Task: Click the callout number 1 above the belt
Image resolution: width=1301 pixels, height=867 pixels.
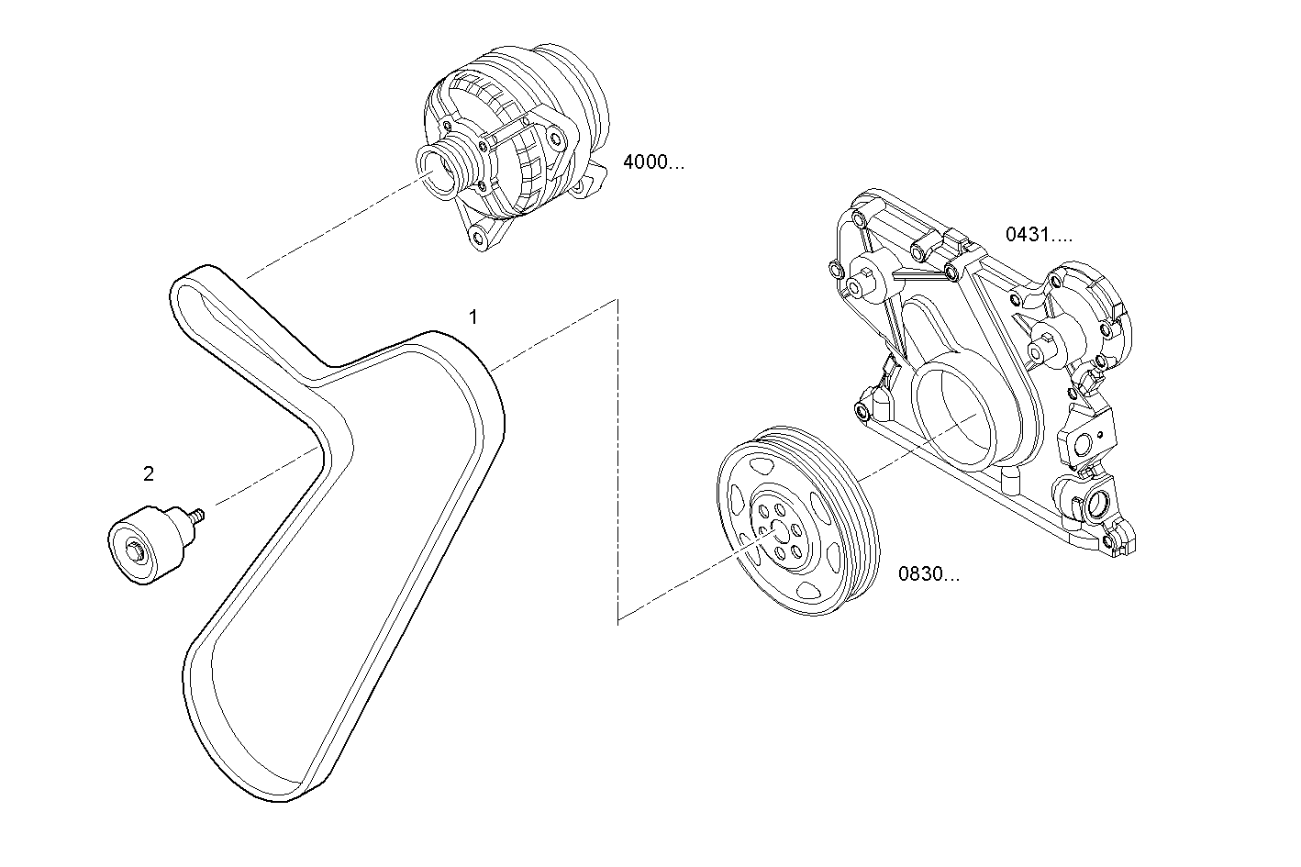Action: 473,317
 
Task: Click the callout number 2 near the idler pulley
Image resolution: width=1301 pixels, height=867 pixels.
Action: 149,474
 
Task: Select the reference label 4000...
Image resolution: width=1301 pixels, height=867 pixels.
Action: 652,163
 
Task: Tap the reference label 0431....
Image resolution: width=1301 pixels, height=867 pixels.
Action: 1038,234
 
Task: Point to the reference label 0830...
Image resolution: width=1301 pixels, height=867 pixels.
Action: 928,575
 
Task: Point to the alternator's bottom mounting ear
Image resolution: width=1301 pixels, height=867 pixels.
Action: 477,238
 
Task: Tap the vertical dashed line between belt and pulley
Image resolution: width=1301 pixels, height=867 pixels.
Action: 618,459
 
